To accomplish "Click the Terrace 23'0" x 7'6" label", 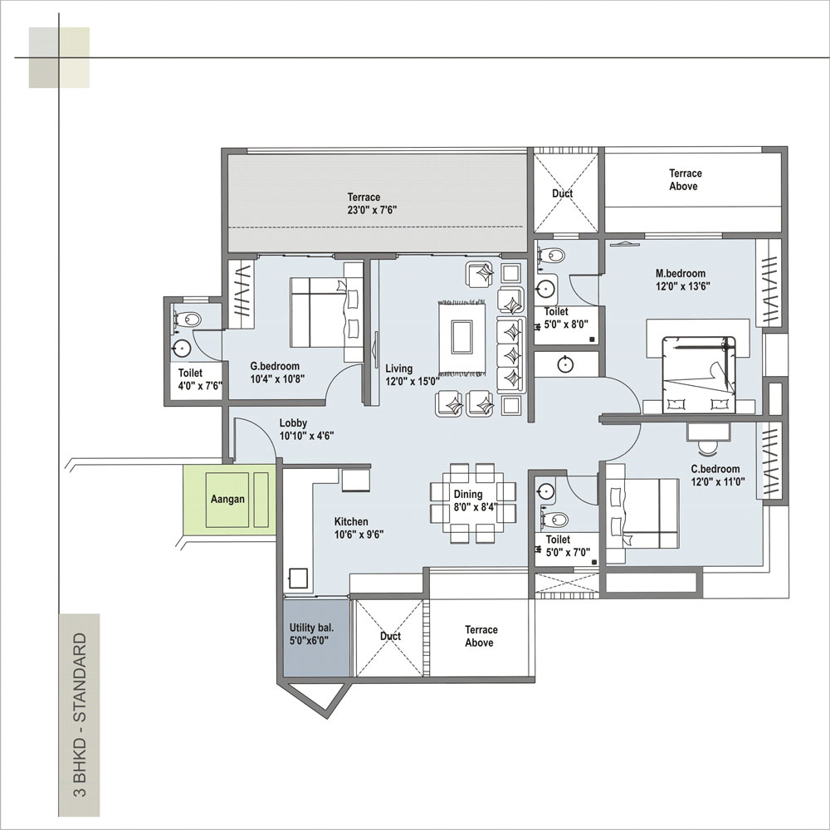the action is tap(372, 204).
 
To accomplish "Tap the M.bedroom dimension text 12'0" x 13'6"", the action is tap(683, 286).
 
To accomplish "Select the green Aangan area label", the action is tap(227, 499).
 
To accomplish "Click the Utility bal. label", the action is tap(311, 627).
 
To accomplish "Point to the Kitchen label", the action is tap(351, 521).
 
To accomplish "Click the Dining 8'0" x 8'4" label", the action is tap(476, 500).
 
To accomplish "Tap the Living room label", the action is tap(398, 369).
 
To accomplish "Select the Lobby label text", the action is tap(293, 423).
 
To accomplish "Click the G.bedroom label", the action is tap(275, 366).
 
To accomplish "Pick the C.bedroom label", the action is tap(715, 469).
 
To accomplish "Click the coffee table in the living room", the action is tap(461, 336).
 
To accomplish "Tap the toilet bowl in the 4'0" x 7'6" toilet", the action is tap(187, 320).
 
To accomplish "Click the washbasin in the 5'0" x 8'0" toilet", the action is tap(544, 289).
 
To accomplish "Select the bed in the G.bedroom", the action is tap(326, 312).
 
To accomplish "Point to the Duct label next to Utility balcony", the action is tap(390, 637).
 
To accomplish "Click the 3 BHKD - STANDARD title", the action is tap(79, 715).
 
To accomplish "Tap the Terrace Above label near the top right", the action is tap(685, 179).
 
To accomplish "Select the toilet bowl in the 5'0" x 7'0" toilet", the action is tap(554, 520).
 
